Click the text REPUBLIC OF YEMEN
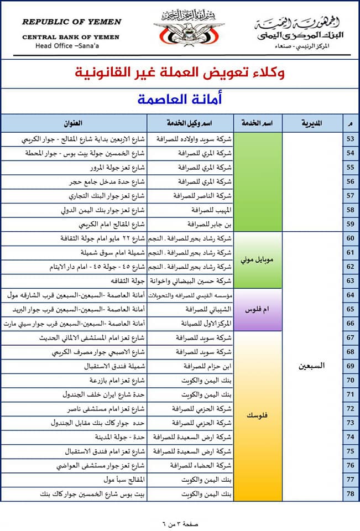click(71, 22)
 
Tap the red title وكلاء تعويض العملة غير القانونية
click(180, 72)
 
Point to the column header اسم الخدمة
click(257, 122)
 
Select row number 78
click(350, 493)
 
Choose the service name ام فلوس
click(257, 309)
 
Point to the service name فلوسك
click(257, 416)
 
